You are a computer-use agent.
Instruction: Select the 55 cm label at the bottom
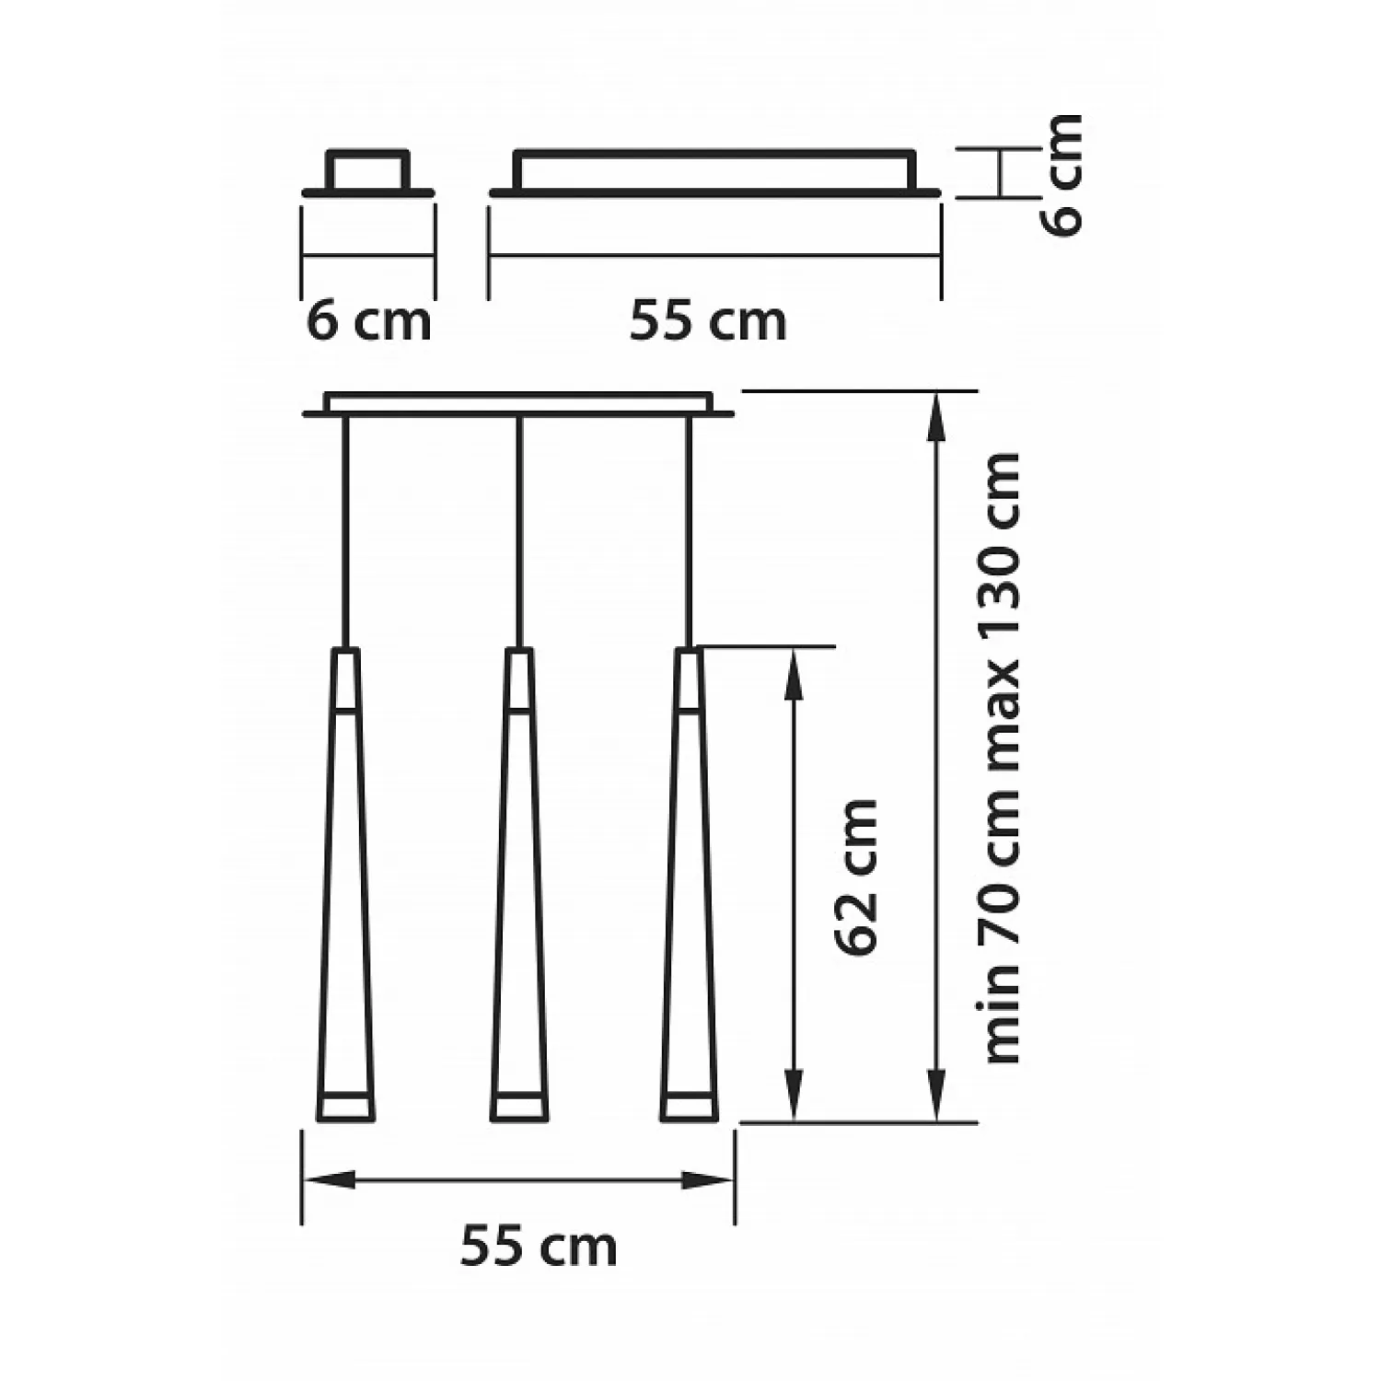click(539, 1248)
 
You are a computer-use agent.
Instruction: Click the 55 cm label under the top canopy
click(708, 321)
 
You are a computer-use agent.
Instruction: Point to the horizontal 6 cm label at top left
click(368, 321)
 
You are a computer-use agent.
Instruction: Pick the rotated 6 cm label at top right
click(1065, 175)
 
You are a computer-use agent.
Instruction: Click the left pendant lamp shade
click(345, 885)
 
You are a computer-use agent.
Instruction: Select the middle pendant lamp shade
click(519, 885)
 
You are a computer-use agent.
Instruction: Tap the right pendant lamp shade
click(689, 885)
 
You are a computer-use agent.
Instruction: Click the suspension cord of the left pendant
click(344, 532)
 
